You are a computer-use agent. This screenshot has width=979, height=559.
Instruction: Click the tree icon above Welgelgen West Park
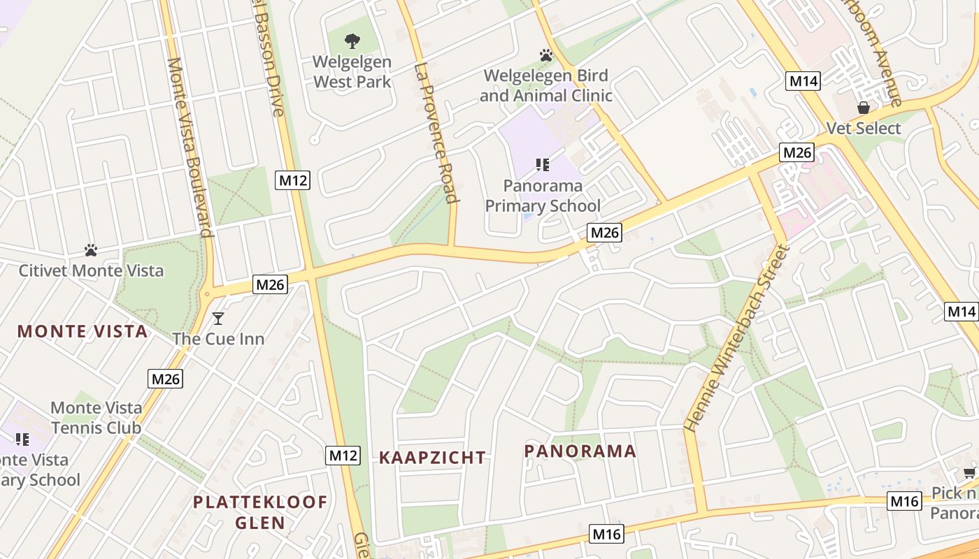coord(352,41)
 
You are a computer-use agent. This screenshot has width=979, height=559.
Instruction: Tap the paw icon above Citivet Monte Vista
coord(90,249)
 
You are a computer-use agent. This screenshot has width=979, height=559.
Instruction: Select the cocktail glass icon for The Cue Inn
coord(218,319)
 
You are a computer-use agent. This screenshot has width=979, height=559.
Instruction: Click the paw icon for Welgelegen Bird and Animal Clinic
coord(545,55)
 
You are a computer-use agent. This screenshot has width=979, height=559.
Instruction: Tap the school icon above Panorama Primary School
coord(542,165)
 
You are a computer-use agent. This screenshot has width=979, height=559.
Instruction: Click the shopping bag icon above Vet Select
coord(864,108)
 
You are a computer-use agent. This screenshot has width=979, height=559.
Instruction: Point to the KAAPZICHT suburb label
coord(432,458)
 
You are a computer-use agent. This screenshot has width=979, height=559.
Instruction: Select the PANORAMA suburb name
coord(580,451)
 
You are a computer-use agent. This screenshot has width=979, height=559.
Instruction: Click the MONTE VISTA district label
coord(83,331)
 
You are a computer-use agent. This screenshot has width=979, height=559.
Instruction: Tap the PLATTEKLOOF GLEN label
coord(260,512)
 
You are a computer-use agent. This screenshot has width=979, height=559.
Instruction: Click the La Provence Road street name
coord(435,133)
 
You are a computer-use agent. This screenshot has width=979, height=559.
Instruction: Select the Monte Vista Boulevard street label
coord(190,147)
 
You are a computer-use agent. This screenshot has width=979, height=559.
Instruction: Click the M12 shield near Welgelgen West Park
coord(293,180)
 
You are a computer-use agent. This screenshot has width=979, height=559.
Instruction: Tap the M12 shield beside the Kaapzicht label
coord(343,456)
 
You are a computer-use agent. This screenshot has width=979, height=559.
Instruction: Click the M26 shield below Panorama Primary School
coord(604,232)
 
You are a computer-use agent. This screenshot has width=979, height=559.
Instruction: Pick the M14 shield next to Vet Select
coord(803,80)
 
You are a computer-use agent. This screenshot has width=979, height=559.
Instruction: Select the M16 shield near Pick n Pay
coord(904,500)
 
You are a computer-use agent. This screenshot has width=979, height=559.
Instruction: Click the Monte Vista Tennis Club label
coord(96,418)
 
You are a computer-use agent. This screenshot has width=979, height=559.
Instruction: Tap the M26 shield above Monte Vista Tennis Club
coord(166,379)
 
